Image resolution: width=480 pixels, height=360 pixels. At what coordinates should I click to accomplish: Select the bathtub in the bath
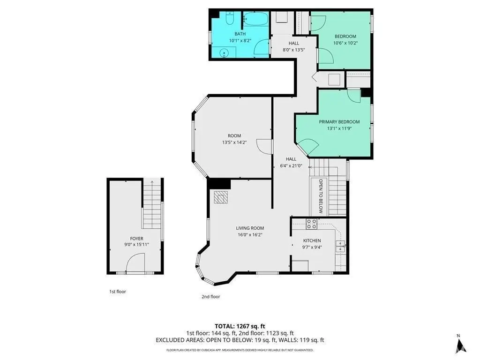[256, 19]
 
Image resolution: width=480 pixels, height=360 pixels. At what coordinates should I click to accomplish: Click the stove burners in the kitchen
[312, 224]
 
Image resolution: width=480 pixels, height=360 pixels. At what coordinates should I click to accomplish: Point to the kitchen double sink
[340, 247]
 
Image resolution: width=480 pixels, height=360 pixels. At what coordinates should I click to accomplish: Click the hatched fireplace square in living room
[221, 197]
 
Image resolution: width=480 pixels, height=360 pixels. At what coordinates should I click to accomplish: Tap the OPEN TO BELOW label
[321, 196]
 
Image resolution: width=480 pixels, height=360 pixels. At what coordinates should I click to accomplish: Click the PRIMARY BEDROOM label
[339, 122]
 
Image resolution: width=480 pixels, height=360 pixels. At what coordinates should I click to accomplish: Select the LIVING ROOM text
[250, 228]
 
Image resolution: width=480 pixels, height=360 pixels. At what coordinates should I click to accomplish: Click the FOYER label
[136, 239]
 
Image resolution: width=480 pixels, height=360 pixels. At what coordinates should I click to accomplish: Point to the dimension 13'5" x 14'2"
[234, 142]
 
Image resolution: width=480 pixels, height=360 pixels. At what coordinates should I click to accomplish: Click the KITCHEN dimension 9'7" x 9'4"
[312, 247]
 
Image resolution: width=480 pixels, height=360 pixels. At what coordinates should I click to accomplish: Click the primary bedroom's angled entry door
[308, 146]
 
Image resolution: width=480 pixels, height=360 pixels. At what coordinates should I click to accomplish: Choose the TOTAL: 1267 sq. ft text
[240, 326]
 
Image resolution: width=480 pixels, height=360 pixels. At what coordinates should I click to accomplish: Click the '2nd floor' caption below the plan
[210, 297]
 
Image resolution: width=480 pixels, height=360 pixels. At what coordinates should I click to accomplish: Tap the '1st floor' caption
[118, 292]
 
